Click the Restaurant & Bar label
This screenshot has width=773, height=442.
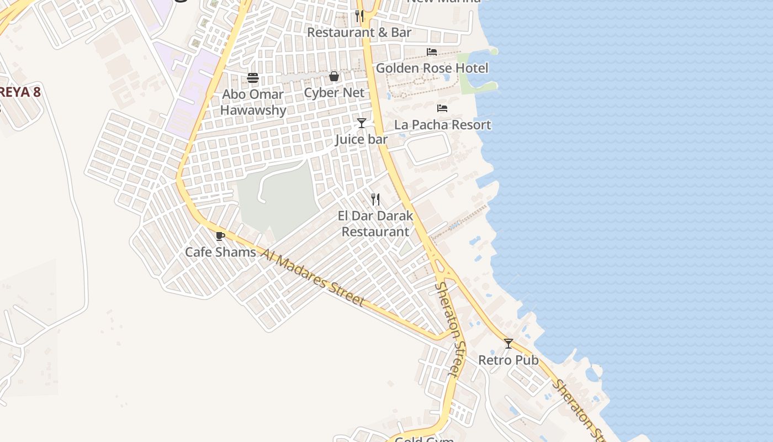pos(359,33)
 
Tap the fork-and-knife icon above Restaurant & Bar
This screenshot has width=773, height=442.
pos(359,16)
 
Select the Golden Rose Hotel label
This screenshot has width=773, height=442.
pos(432,69)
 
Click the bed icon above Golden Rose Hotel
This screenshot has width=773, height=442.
pos(432,52)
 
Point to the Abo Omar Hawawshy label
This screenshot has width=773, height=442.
pos(253,102)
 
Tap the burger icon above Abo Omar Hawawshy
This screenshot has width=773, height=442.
pos(253,78)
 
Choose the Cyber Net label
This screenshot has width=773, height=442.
pos(334,93)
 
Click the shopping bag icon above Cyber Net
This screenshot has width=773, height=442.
pos(334,76)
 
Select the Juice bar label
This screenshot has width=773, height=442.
pos(361,140)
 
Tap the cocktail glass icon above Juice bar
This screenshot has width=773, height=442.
pos(361,123)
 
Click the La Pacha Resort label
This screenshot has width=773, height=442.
pos(442,125)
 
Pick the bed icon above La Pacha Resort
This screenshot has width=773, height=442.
pos(442,108)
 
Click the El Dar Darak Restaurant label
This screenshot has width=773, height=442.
pos(375,224)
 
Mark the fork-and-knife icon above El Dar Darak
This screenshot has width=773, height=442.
pos(375,199)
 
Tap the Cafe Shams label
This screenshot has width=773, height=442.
pos(220,252)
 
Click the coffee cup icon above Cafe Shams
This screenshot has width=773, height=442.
pos(220,236)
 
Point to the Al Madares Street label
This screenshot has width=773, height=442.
pos(313,277)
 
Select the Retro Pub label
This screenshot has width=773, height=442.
pos(508,360)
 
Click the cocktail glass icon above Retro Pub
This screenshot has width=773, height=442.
pos(508,344)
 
